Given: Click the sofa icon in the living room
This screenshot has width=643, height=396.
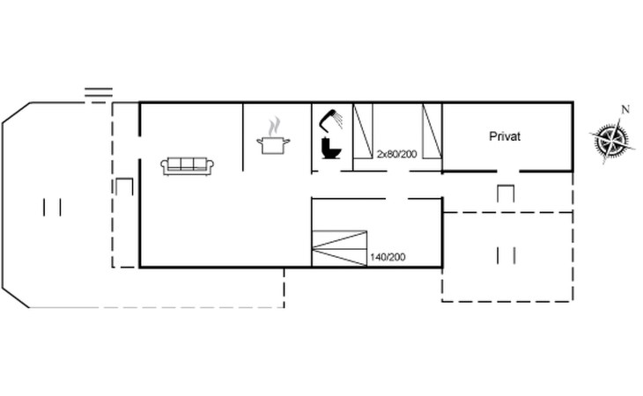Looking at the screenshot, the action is pos(187,166).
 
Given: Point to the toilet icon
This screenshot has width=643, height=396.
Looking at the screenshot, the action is pos(330,148).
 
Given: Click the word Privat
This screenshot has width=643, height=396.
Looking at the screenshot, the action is pos(505,136).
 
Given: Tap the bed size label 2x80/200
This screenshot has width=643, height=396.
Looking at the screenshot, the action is pos(396,154).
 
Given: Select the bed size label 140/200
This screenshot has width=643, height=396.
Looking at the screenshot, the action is pos(388,257).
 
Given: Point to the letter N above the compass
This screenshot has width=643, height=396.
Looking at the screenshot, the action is pos(625,109).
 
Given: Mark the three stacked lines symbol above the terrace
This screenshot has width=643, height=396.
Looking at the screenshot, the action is pos(99,95).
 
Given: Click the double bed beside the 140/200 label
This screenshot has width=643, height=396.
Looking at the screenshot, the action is pos(339,248).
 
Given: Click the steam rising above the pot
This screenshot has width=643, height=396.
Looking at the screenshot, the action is pos(274,127).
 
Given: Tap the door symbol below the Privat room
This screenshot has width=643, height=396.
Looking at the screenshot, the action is pos(506,194).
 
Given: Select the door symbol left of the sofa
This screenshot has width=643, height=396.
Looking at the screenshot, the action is pos(125,187).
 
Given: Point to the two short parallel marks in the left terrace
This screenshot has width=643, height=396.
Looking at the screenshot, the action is pos(52,207).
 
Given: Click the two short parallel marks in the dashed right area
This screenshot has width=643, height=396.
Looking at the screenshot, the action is pos(506,256).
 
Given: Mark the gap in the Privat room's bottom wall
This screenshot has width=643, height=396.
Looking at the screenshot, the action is pos(508,172).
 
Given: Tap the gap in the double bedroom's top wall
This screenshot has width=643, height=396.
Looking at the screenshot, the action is pos(396,199).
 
